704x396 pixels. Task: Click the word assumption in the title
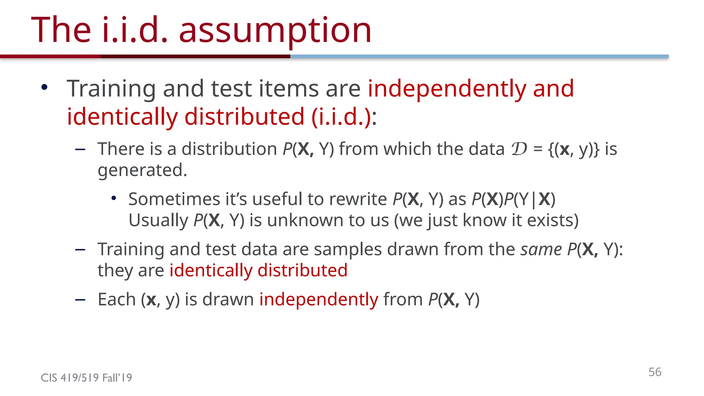[275, 31]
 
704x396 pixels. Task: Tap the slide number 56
[655, 372]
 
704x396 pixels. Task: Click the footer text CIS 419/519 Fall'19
[86, 378]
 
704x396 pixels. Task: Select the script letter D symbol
[519, 149]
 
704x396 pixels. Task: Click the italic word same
[541, 249]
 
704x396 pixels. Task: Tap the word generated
[142, 170]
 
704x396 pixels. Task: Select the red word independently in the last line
[319, 299]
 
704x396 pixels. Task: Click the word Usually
[158, 220]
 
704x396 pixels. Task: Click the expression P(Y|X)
[529, 199]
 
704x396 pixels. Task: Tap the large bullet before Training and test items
[44, 87]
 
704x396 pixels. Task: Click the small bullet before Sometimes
[114, 198]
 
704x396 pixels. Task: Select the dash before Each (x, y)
[80, 299]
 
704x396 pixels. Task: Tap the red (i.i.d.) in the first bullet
[341, 117]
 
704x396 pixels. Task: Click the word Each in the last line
[117, 299]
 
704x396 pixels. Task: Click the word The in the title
[61, 31]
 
